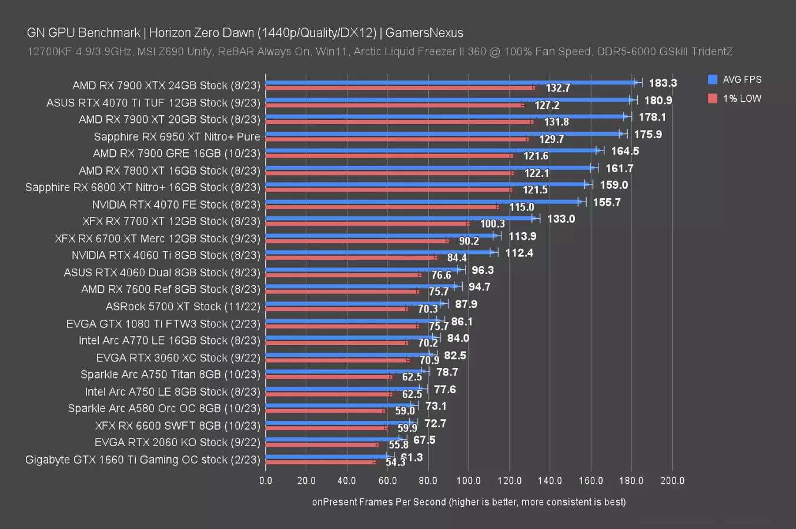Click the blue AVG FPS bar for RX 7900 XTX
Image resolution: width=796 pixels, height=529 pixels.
point(450,83)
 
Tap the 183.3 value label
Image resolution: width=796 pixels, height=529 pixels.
point(663,83)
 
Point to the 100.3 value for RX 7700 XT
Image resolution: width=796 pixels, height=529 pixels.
point(492,224)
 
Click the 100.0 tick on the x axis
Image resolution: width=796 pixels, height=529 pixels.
point(469,481)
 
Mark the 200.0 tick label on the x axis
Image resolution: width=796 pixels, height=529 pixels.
point(672,481)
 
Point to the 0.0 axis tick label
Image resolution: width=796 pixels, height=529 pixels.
point(266,481)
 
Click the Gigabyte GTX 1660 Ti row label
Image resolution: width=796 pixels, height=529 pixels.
point(142,460)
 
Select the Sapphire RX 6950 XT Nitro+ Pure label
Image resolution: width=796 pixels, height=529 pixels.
point(177,136)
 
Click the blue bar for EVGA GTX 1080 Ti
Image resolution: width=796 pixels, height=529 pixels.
point(353,321)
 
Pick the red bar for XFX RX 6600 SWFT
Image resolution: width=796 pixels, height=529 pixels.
point(326,428)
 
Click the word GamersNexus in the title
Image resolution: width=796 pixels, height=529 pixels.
point(424,33)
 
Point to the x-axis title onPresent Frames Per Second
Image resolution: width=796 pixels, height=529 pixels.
point(469,502)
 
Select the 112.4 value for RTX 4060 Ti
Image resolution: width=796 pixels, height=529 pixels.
point(519,253)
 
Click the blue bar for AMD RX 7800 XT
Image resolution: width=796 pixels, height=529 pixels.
point(429,168)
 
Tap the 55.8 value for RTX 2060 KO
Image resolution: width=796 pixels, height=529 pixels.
point(399,445)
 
